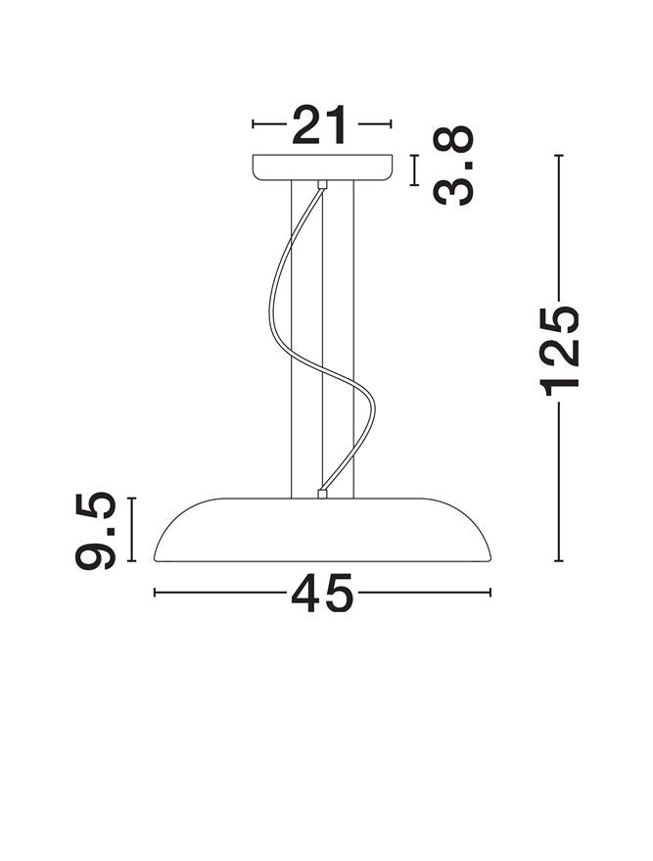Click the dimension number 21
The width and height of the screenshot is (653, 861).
click(x=320, y=124)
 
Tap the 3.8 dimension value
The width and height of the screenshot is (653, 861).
click(x=452, y=166)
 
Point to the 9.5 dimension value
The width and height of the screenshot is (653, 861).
click(x=96, y=530)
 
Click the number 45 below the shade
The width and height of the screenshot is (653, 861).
click(x=322, y=593)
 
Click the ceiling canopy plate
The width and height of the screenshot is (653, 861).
click(x=322, y=167)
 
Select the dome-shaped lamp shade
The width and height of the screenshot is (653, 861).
click(x=323, y=530)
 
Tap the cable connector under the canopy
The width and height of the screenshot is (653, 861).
click(x=322, y=185)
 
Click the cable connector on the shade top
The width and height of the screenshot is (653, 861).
click(x=322, y=494)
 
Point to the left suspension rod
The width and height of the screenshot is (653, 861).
click(x=292, y=339)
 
